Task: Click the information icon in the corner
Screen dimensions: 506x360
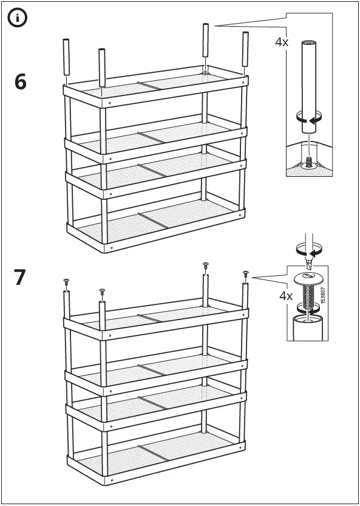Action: click(x=17, y=18)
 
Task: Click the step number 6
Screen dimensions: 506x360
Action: click(x=21, y=81)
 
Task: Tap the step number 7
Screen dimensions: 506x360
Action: click(x=21, y=277)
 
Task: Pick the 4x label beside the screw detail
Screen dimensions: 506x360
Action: click(x=286, y=296)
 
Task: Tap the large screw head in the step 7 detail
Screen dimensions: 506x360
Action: click(x=309, y=279)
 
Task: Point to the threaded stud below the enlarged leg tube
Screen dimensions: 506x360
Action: click(x=308, y=162)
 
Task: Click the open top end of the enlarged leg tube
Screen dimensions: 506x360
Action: click(x=308, y=43)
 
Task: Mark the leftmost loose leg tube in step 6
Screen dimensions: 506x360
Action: click(x=66, y=58)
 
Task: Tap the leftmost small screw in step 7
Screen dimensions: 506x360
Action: click(x=66, y=281)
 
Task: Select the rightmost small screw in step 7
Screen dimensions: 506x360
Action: click(x=246, y=273)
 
